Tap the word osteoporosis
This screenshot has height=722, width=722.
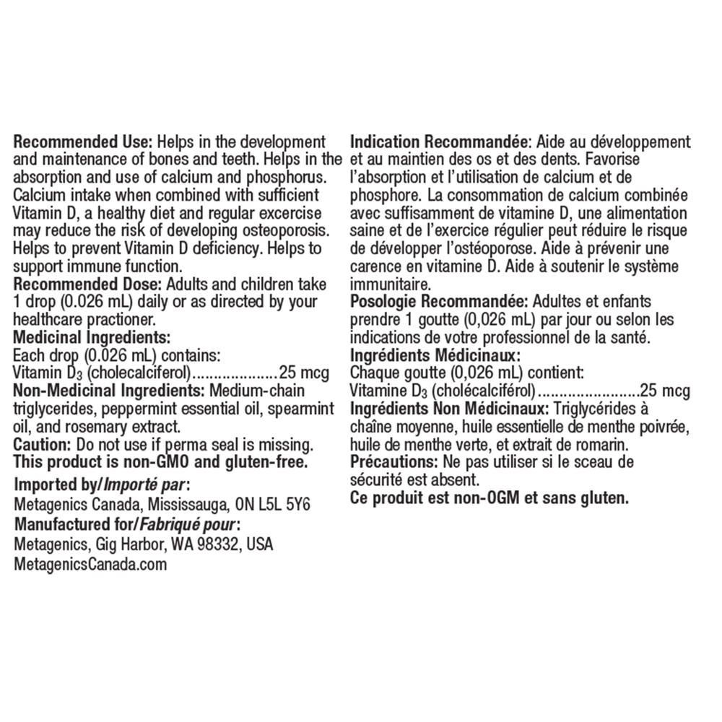[x=288, y=230]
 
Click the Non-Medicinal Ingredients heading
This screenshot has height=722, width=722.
[x=109, y=391]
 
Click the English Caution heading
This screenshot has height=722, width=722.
[x=40, y=443]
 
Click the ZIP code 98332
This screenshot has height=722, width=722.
[x=218, y=544]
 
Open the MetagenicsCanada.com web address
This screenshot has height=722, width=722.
[x=90, y=564]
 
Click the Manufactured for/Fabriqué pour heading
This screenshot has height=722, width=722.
[x=126, y=523]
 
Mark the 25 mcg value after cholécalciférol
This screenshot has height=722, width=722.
[x=665, y=391]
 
